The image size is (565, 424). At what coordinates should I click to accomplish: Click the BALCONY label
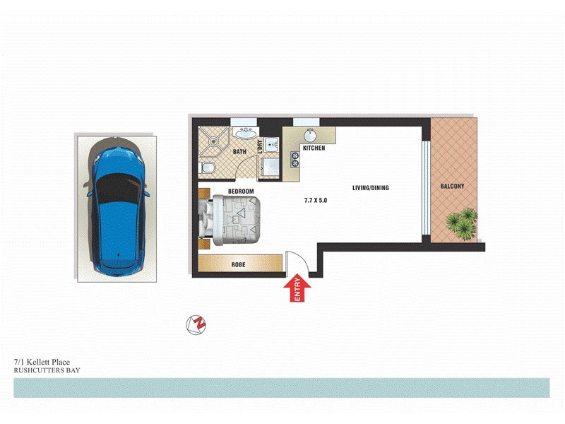(452, 187)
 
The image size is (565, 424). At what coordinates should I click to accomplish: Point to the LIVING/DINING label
(371, 188)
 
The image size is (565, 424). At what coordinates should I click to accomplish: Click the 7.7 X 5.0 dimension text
(315, 201)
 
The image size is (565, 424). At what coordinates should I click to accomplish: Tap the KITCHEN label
(314, 148)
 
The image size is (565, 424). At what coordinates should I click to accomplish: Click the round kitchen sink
(309, 134)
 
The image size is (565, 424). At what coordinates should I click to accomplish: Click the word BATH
(239, 152)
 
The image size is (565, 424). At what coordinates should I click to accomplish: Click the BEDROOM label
(240, 191)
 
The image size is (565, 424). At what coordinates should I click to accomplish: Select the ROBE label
(239, 265)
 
